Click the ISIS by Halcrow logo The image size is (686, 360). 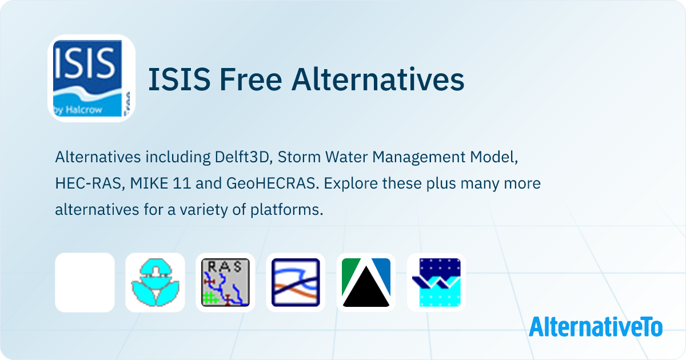(91, 78)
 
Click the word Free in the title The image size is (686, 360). (250, 79)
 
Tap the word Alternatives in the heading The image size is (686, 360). (378, 79)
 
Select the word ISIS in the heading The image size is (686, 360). (180, 79)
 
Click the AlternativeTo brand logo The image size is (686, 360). (596, 326)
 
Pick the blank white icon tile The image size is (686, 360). (85, 282)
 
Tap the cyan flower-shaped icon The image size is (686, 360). (155, 282)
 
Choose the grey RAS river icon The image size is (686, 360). (225, 282)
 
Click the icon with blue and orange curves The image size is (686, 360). (296, 282)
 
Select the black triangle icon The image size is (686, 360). (366, 282)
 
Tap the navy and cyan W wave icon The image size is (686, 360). (436, 282)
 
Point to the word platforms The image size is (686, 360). (287, 210)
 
